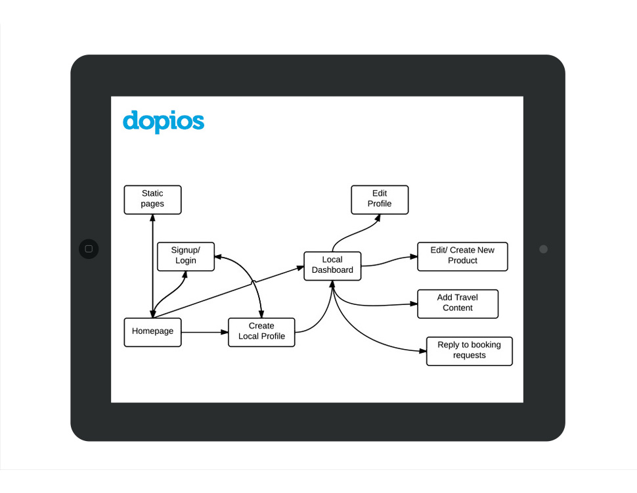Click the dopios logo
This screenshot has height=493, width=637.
pos(164,122)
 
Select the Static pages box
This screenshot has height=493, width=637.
pos(152,199)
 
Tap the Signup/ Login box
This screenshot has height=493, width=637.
pos(186,256)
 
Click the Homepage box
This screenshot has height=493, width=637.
pos(152,332)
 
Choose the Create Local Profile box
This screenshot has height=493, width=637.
pos(261,332)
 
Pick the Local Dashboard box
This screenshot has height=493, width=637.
pos(332,266)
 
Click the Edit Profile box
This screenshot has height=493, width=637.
pos(380,199)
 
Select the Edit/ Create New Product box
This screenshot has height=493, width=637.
pos(462,256)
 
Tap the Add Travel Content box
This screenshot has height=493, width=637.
pos(458,303)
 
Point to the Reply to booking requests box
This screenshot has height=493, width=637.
pos(469,350)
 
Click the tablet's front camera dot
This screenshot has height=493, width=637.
pos(543,249)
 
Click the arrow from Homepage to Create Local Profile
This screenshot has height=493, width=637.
pos(204,332)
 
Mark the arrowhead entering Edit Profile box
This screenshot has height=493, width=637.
pos(376,219)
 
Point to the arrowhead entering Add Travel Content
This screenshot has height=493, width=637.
pos(413,304)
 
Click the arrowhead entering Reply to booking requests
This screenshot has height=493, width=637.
pos(422,351)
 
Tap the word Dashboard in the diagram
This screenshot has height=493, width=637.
pos(332,270)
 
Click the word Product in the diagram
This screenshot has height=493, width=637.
pos(462,261)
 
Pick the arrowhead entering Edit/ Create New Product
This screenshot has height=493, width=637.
pos(413,257)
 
